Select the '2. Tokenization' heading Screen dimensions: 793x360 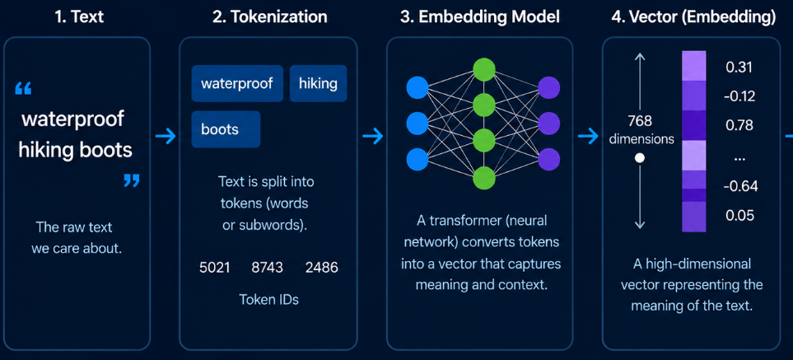point(269,16)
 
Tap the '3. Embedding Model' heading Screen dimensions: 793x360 point(480,16)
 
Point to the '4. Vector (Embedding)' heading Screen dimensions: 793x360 point(693,16)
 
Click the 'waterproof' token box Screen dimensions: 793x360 point(236,83)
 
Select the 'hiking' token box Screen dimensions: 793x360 point(318,83)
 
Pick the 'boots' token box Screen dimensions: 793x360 point(226,129)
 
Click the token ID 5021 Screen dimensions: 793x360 point(215,268)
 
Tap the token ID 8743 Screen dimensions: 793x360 point(268,268)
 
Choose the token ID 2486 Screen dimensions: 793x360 point(322,268)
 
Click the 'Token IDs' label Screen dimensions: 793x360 point(269,299)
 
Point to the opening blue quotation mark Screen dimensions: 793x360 point(24,90)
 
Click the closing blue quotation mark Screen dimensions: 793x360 point(132,180)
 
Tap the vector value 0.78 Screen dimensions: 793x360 point(740,125)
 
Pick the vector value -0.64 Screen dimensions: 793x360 point(740,186)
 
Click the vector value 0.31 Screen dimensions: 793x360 point(739,68)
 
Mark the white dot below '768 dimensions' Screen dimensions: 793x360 point(640,158)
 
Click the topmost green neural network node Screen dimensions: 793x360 point(484,68)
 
